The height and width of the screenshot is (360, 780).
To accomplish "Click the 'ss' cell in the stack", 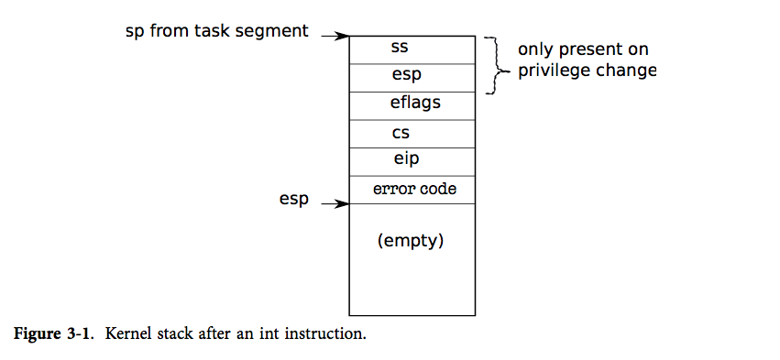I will pos(399,47).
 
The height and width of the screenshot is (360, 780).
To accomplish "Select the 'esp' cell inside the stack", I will pos(406,76).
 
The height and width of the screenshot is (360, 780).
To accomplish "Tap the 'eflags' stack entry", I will pos(415,104).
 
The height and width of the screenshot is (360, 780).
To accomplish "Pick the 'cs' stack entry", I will pos(400,133).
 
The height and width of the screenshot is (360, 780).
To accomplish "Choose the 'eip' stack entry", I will pos(406,160).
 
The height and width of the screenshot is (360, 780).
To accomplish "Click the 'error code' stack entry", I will pos(414,189).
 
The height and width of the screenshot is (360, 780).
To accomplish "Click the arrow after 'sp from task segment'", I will pos(334,36).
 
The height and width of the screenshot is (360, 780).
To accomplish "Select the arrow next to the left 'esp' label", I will pos(334,205).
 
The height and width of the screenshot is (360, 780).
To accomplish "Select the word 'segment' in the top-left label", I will pos(277,31).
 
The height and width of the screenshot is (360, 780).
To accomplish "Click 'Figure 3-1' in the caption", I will pos(54,333).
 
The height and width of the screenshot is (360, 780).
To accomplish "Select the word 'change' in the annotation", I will pos(626,71).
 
